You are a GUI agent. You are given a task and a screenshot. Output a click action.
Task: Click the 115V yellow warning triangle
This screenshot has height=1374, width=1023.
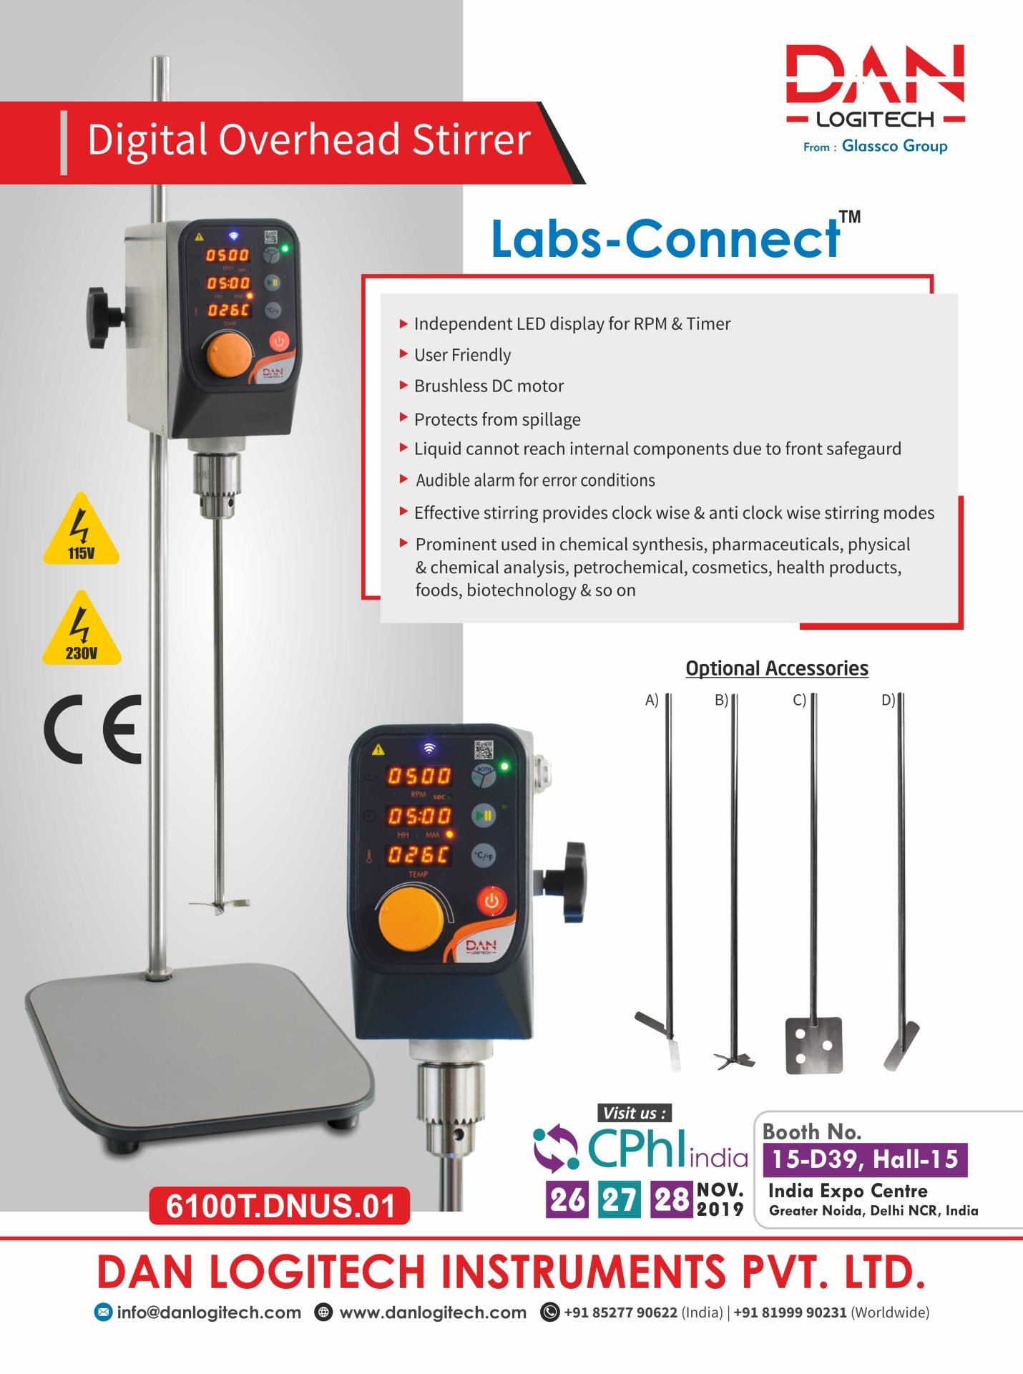(81, 530)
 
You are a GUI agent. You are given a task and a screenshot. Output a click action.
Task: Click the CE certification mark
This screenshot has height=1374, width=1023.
(93, 729)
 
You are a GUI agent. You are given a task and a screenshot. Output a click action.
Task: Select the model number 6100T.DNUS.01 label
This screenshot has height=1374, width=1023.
(279, 1205)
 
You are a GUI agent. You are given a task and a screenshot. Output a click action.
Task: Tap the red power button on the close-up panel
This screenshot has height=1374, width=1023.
(491, 901)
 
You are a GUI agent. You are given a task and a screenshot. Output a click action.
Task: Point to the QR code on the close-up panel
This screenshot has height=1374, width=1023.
(484, 750)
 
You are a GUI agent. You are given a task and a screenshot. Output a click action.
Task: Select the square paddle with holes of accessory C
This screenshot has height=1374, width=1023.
(813, 1046)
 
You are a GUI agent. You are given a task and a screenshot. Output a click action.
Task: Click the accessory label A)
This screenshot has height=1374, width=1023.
(652, 700)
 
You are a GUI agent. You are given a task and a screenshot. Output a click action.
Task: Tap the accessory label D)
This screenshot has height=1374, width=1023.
(888, 700)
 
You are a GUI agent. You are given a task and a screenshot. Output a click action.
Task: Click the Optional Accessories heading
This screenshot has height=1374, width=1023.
(777, 668)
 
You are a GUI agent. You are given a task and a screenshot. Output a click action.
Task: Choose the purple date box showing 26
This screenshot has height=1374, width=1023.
(567, 1199)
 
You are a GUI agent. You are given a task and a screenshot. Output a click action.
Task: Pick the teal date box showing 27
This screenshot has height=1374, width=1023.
(620, 1199)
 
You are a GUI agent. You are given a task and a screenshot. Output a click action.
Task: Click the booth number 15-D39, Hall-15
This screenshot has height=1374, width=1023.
(865, 1159)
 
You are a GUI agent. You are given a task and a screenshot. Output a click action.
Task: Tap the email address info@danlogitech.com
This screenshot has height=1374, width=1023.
(209, 1312)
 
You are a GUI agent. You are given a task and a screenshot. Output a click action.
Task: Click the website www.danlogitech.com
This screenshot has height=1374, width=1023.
(433, 1312)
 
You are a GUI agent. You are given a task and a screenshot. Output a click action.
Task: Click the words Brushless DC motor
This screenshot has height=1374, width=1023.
(489, 386)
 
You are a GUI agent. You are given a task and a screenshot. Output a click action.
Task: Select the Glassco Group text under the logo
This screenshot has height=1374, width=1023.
(894, 146)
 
